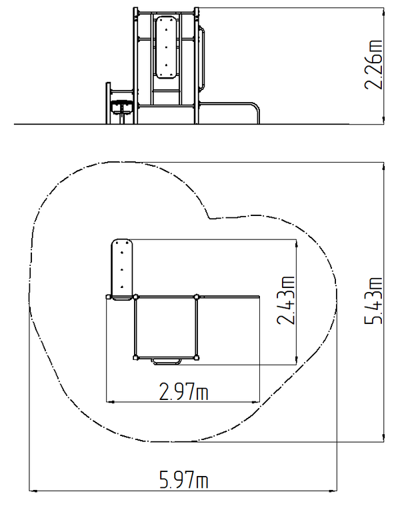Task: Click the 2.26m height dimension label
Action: [373, 65]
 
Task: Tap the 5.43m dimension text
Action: [373, 301]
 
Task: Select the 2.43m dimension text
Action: [285, 301]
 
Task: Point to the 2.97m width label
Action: [183, 391]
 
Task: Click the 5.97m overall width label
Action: [183, 479]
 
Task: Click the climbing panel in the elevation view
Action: [166, 47]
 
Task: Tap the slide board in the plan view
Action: [122, 269]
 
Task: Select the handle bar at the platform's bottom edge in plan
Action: [167, 361]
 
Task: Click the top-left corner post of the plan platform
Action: [136, 297]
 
